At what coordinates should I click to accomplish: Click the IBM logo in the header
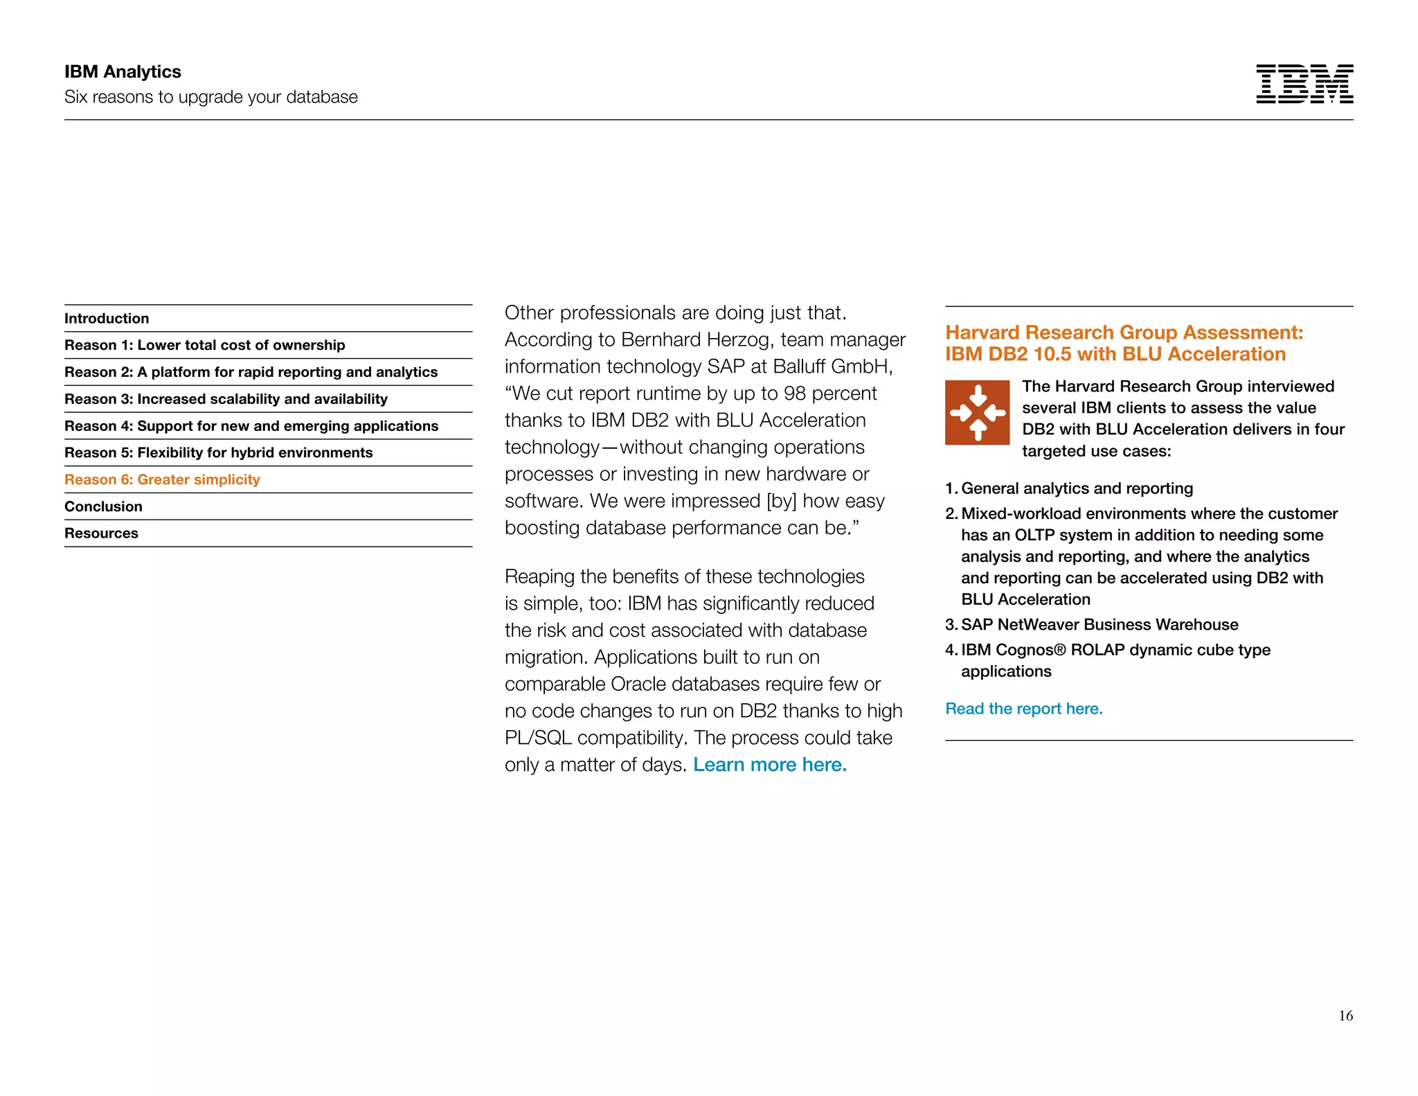(1304, 84)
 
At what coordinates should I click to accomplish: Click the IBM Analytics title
(123, 72)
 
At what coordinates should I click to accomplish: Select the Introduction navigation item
(107, 319)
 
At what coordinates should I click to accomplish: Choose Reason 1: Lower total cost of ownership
(204, 345)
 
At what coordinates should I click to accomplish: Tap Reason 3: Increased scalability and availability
(226, 399)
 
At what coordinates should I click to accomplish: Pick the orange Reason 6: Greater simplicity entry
(162, 479)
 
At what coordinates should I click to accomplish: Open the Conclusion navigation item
(103, 506)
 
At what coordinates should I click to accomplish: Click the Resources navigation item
(101, 533)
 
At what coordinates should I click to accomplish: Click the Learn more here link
(769, 765)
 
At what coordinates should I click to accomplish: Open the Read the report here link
(1023, 709)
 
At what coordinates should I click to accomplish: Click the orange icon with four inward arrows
(977, 412)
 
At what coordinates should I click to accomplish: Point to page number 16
(1345, 1016)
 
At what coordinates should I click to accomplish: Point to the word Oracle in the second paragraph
(638, 684)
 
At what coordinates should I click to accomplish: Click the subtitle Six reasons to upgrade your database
(210, 97)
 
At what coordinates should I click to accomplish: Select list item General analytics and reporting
(1077, 488)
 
